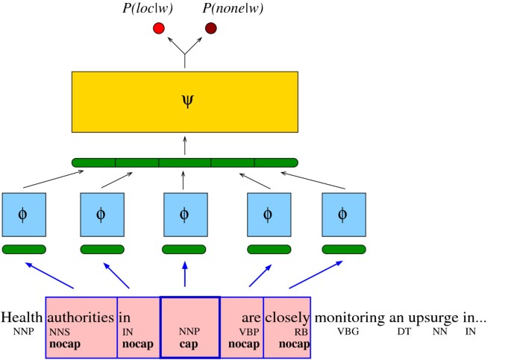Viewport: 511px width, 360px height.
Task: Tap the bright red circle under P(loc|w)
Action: [x=158, y=29]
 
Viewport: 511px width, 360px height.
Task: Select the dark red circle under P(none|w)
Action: [x=211, y=29]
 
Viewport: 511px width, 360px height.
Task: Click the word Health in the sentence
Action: [x=22, y=316]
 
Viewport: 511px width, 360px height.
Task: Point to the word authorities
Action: [x=81, y=316]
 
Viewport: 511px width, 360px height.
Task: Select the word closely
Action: [x=287, y=316]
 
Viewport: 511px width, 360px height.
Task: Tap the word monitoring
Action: [x=348, y=316]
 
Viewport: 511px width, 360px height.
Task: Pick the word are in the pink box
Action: [x=251, y=318]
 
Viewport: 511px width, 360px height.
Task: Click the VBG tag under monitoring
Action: [x=348, y=330]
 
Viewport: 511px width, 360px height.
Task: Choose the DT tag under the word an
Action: [x=404, y=330]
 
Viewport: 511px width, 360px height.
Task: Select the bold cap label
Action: [x=189, y=344]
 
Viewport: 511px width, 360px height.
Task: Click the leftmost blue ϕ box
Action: [x=24, y=215]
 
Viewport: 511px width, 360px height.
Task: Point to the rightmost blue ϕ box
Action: [x=343, y=215]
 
